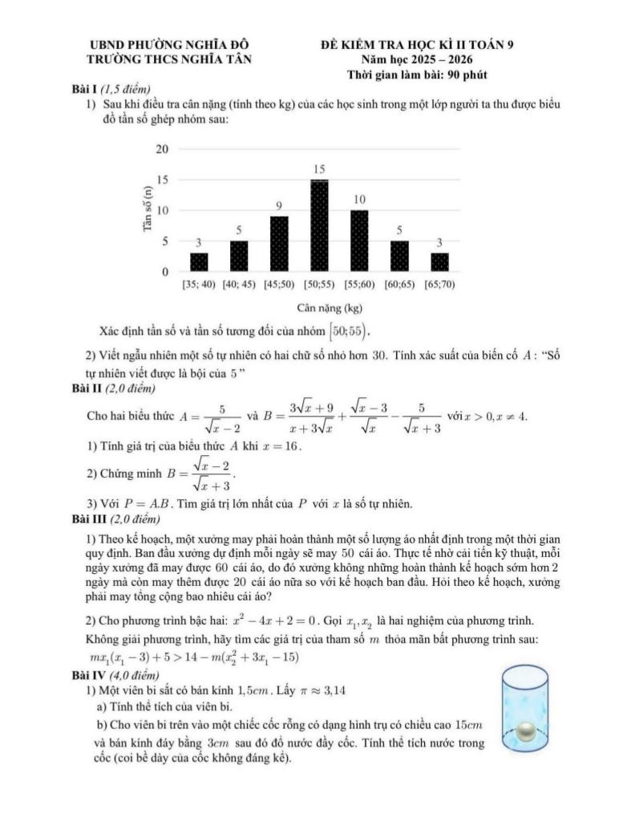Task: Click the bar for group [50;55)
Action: tap(319, 226)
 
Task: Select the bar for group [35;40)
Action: tap(199, 262)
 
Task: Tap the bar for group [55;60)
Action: tap(359, 241)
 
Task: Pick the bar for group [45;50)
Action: tap(279, 244)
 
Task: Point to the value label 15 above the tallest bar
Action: tap(319, 169)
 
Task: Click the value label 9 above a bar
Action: tap(279, 206)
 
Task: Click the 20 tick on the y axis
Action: tap(162, 149)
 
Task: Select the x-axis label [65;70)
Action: tap(439, 284)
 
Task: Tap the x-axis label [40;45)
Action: tap(239, 284)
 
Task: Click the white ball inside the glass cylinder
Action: tap(526, 732)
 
